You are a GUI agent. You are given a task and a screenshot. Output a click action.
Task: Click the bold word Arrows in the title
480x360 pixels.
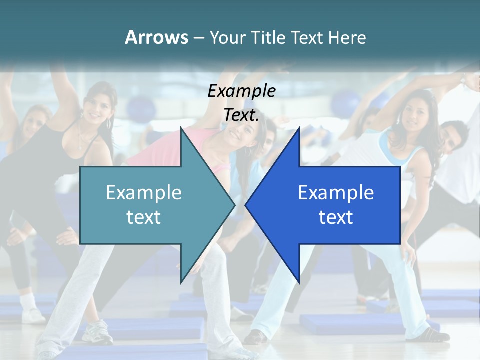pos(156,37)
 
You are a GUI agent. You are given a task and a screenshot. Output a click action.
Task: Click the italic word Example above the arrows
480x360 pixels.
pos(242,91)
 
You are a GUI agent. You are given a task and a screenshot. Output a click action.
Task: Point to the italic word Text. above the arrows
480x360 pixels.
pos(241,115)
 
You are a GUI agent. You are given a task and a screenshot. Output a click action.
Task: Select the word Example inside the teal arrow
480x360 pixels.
pos(144,192)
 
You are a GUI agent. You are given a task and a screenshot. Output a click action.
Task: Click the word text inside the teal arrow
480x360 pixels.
pos(144,217)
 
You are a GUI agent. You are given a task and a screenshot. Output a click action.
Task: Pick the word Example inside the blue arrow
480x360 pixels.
pos(336,192)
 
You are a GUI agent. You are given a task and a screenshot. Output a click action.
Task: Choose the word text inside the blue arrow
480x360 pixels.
pos(336,217)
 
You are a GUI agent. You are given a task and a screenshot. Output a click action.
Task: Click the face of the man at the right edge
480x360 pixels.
pos(452,136)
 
